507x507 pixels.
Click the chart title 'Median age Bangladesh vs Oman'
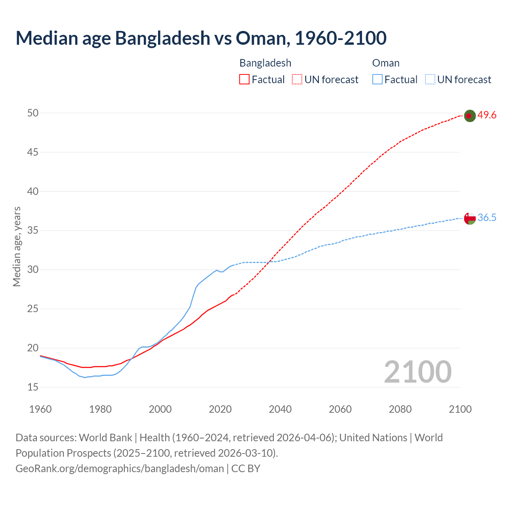(x=201, y=38)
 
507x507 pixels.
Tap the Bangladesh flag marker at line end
(x=469, y=116)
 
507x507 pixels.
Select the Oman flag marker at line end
(x=469, y=218)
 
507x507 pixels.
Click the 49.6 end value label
(x=487, y=115)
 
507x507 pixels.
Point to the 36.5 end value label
(x=487, y=218)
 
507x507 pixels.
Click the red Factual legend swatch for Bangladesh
(x=244, y=80)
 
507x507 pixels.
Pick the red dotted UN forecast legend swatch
(x=297, y=80)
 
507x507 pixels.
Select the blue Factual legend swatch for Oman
(x=377, y=80)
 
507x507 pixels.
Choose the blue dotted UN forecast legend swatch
(x=430, y=80)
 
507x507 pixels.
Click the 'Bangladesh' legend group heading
(x=265, y=63)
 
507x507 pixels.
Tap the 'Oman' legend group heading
(x=386, y=63)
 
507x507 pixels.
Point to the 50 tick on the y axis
(x=33, y=113)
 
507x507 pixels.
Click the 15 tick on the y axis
(x=33, y=387)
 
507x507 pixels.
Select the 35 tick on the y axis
(x=33, y=231)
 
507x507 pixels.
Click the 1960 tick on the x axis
(x=40, y=409)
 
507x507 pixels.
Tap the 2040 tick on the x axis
(x=280, y=409)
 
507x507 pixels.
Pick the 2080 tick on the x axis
(x=400, y=409)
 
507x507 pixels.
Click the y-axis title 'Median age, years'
(x=17, y=246)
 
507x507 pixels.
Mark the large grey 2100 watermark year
(x=417, y=372)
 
